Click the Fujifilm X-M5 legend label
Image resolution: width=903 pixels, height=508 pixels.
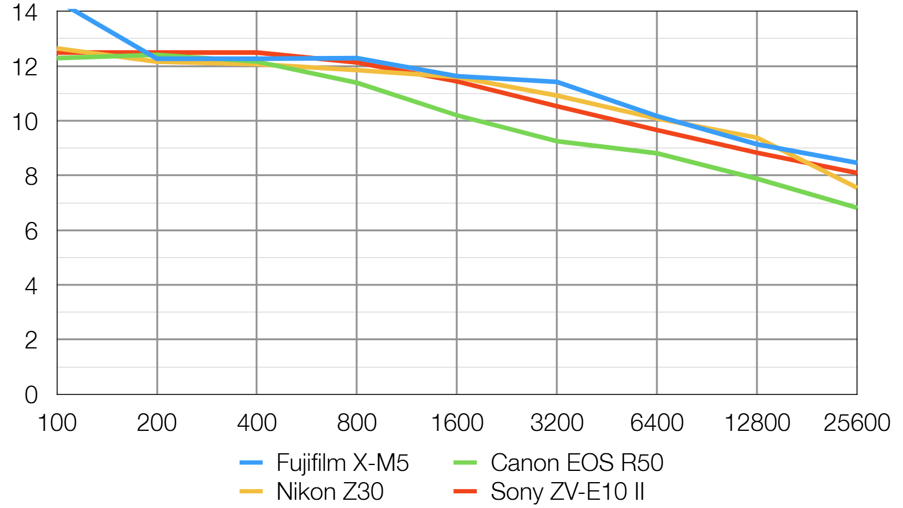342,463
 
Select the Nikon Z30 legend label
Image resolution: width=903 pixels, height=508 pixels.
330,492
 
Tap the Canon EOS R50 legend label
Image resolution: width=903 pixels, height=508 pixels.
577,463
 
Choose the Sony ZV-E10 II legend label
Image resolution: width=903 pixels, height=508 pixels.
567,492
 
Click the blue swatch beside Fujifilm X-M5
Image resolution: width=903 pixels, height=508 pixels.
251,463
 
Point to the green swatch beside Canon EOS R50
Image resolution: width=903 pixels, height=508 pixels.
465,463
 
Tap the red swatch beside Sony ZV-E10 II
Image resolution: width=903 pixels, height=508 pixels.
465,492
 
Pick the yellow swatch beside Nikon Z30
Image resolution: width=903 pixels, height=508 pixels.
251,492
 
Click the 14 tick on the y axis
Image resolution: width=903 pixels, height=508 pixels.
25,12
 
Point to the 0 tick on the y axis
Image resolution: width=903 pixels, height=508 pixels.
31,394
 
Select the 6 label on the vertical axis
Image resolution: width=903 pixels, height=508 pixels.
31,231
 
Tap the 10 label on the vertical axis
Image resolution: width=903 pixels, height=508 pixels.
25,122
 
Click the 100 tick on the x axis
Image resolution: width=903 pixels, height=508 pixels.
57,423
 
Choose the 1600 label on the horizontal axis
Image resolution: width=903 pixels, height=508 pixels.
457,423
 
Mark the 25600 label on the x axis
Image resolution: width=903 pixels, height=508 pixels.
856,423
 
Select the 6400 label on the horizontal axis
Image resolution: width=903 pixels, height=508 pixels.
657,423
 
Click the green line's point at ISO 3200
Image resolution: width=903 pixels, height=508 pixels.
557,141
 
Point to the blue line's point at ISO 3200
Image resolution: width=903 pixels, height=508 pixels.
557,82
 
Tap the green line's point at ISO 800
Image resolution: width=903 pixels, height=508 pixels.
357,83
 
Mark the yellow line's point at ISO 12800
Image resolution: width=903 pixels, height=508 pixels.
757,138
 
